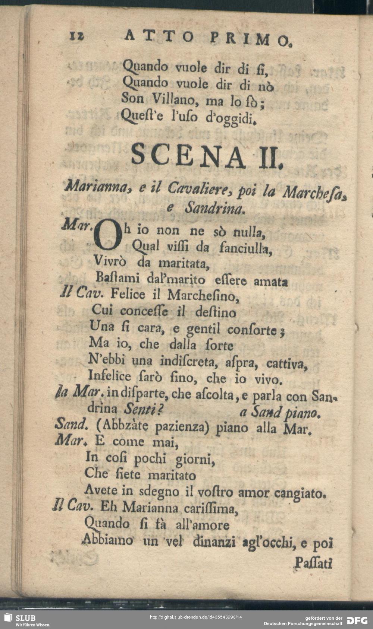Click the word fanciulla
point(246,248)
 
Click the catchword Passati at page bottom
point(314,563)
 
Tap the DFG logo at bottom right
point(357,620)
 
